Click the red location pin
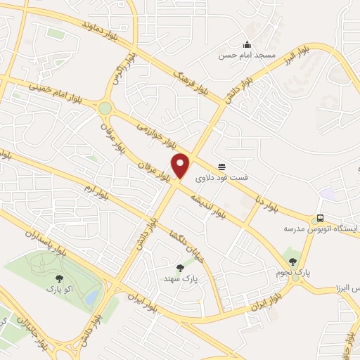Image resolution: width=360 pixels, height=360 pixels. coord(181,166)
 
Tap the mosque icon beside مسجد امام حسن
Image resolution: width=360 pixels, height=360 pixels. coord(247,43)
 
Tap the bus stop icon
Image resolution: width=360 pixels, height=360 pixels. coord(321,218)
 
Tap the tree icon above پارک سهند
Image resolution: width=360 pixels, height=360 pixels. coord(181,267)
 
